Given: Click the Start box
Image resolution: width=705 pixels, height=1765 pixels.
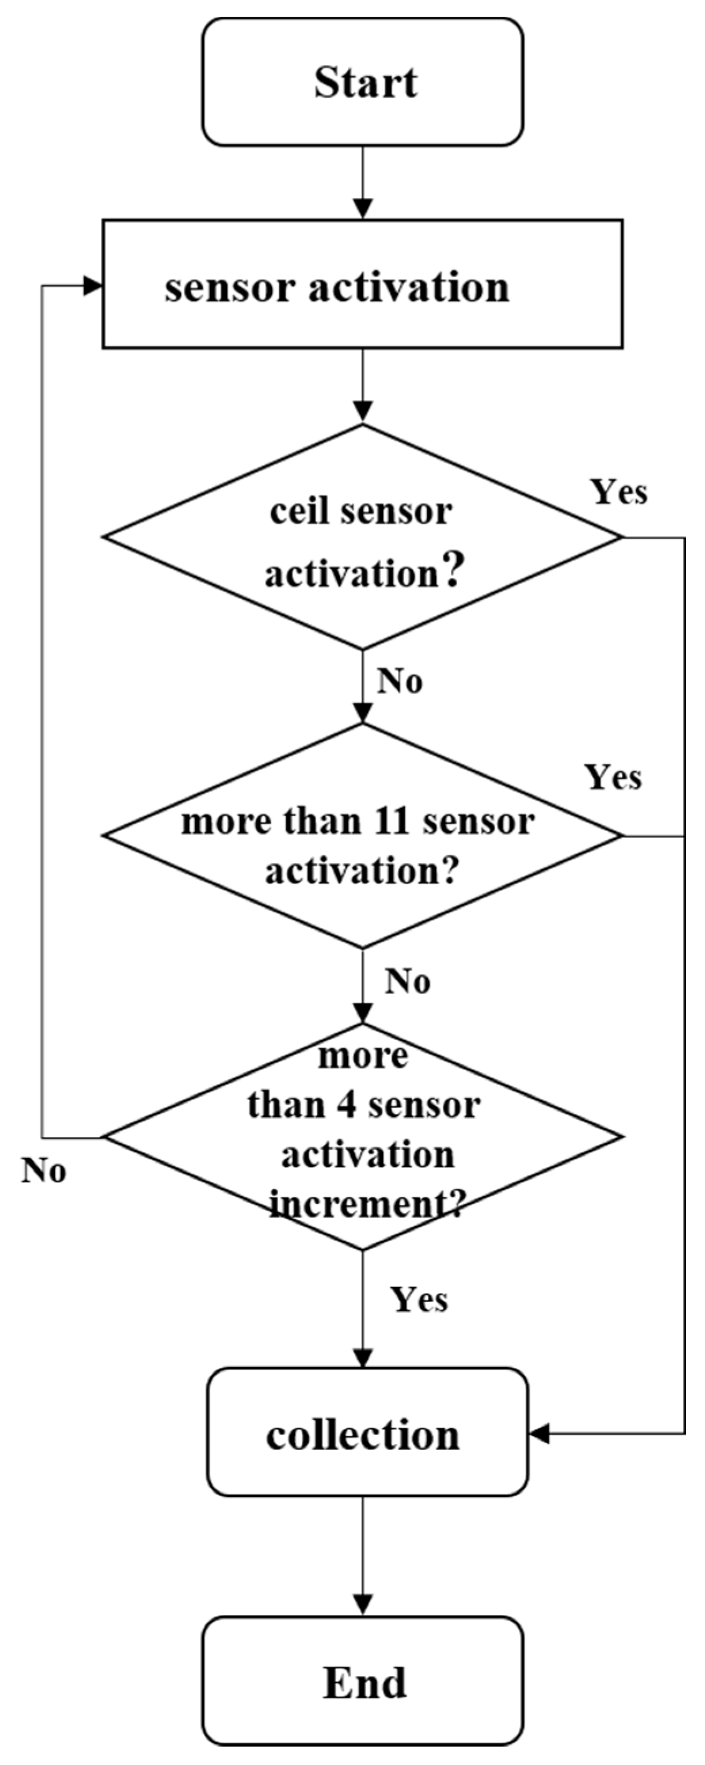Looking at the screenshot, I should [x=363, y=82].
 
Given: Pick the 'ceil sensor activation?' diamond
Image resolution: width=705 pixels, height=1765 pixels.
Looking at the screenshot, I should [x=363, y=537].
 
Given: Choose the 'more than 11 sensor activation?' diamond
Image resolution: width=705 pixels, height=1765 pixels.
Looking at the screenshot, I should [x=363, y=835].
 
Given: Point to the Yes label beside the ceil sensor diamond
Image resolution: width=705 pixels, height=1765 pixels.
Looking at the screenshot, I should [x=618, y=492].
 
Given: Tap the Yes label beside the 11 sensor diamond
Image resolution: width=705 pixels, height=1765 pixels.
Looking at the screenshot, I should [x=613, y=777].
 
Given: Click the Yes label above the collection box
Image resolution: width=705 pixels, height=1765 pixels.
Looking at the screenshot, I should [x=419, y=1299].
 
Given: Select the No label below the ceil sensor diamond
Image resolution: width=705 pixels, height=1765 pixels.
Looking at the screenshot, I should [x=400, y=680].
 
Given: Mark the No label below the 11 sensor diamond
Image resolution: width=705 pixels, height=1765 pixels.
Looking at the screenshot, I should [x=408, y=981].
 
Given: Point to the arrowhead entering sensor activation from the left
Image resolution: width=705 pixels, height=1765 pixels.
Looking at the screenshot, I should [x=93, y=286].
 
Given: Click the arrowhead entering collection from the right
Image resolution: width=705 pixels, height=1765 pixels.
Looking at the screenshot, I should [x=539, y=1433].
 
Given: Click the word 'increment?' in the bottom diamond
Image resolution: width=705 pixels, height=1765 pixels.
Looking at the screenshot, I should [x=367, y=1203].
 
